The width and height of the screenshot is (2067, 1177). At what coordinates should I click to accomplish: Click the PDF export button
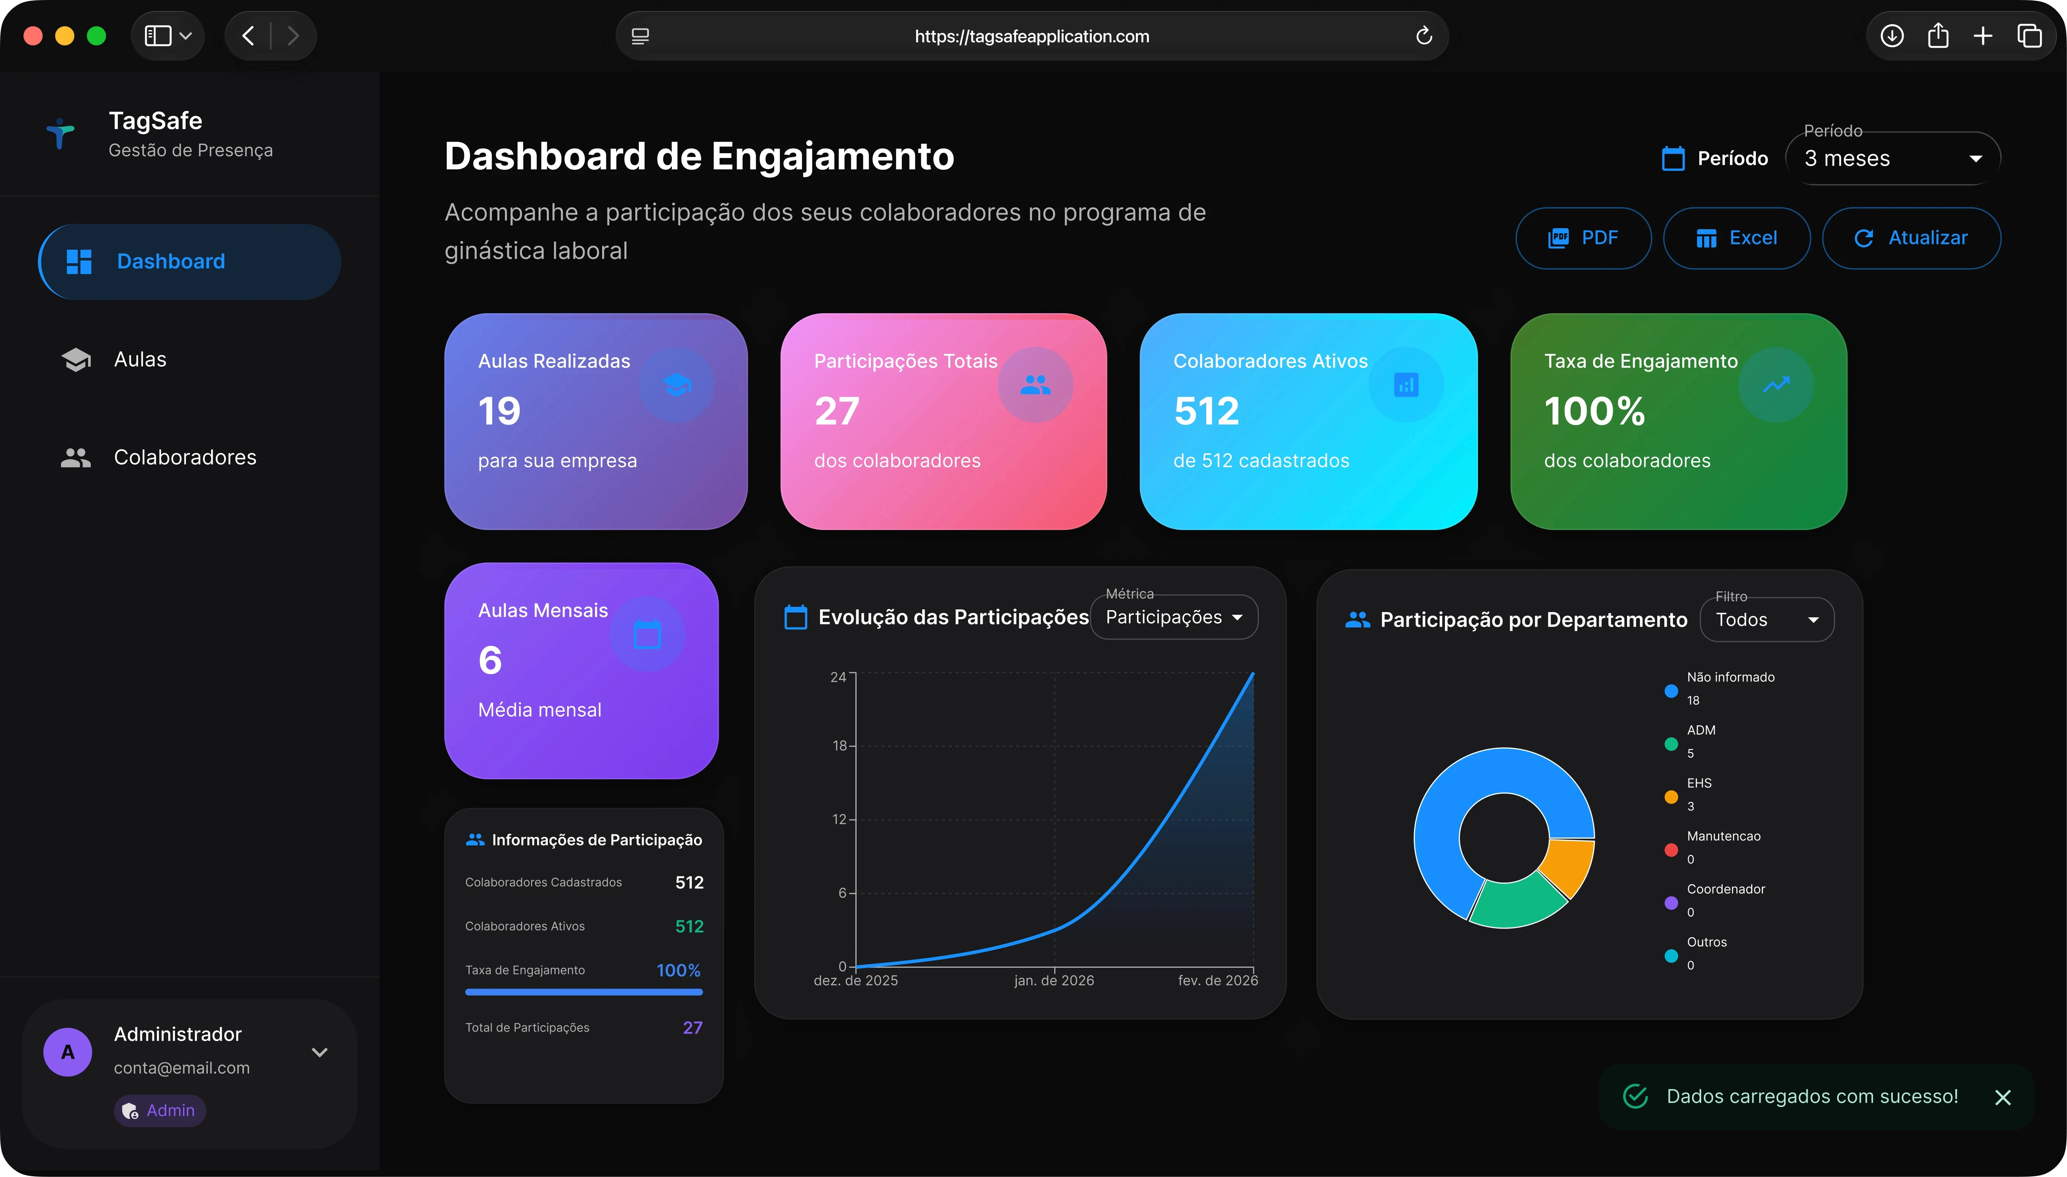tap(1583, 238)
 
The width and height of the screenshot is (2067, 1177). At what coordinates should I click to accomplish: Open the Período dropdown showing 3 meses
tap(1892, 158)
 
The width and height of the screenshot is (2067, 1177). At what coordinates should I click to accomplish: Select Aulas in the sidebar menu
tap(140, 360)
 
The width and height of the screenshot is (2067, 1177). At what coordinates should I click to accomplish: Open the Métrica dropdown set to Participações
tap(1173, 618)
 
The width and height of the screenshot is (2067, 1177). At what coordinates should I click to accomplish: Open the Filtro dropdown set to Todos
tap(1766, 620)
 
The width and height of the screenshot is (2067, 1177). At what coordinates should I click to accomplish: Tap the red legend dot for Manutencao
tap(1671, 850)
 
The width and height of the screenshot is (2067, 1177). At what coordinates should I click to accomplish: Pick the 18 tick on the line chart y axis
tap(840, 745)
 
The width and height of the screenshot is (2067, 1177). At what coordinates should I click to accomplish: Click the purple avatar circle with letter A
tap(68, 1052)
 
